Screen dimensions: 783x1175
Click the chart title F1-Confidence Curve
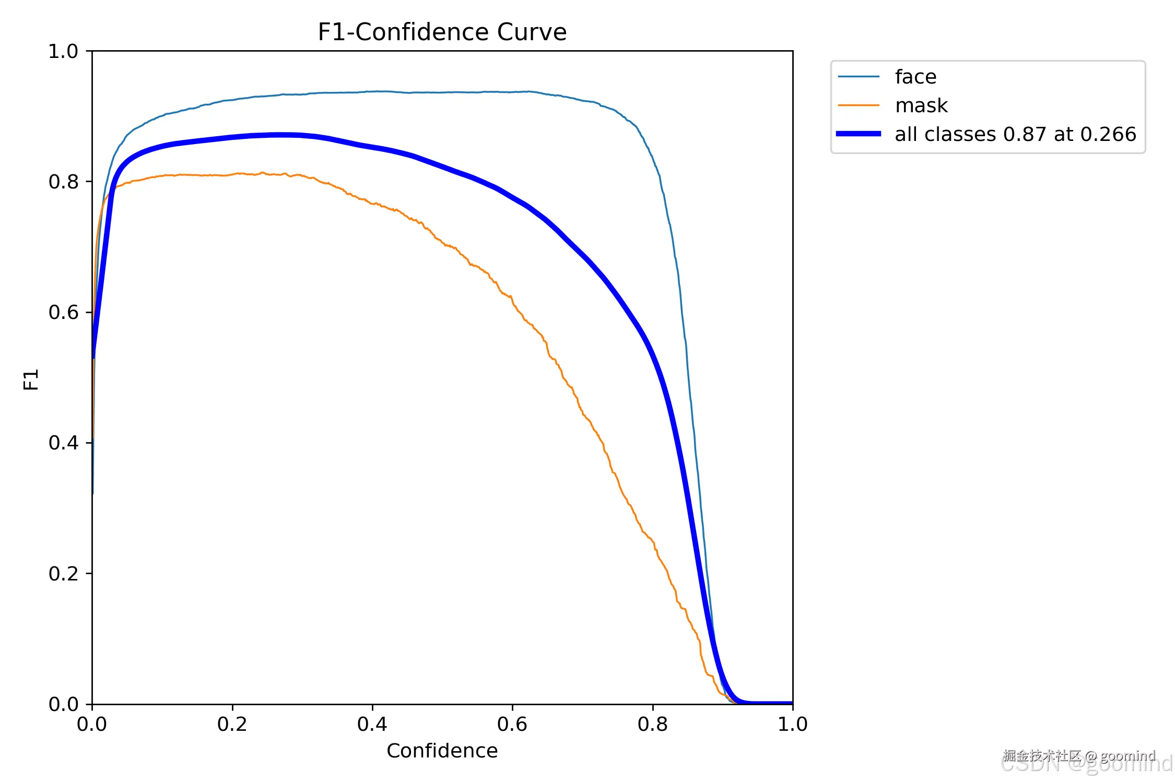click(442, 32)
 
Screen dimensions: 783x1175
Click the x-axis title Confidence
click(442, 751)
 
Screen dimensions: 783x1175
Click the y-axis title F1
click(31, 379)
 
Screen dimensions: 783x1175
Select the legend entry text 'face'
click(915, 77)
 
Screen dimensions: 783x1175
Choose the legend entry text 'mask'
click(921, 105)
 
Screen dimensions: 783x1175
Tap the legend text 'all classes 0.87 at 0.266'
click(1015, 134)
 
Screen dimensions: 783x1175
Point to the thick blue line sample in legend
click(858, 134)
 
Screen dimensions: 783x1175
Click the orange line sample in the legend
click(858, 105)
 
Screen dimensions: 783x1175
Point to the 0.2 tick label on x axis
click(232, 724)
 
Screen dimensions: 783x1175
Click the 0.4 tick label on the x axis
click(372, 724)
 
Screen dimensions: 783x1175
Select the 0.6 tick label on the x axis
click(512, 724)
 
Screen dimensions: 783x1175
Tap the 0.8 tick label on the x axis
click(652, 724)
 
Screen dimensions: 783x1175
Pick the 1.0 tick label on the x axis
click(792, 724)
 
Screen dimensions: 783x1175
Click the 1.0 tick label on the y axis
click(63, 51)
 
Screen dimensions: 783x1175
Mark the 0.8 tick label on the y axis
click(63, 182)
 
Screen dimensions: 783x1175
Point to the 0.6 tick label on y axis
click(63, 312)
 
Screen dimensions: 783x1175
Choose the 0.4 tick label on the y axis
click(63, 443)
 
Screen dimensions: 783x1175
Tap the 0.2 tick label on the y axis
click(63, 573)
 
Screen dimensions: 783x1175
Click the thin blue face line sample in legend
click(858, 77)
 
